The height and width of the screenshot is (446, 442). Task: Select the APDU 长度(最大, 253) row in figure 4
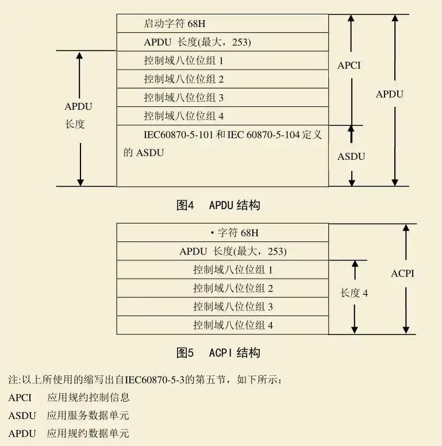pos(198,42)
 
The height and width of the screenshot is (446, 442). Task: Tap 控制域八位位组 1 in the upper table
pos(184,60)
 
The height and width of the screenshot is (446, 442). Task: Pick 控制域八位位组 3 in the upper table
pos(184,97)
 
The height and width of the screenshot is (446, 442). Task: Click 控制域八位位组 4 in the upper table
pos(184,116)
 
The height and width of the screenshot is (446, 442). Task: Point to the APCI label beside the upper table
pos(349,66)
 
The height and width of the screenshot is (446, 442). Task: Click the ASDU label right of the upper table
pos(351,156)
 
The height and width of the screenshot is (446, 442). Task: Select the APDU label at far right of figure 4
pos(390,94)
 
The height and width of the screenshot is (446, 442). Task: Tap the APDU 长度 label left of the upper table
pos(78,115)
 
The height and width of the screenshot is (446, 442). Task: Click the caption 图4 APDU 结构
pos(218,205)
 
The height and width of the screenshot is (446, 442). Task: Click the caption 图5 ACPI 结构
pos(218,352)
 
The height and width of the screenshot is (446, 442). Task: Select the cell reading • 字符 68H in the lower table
pos(237,233)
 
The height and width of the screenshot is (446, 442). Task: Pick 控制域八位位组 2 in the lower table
pos(233,288)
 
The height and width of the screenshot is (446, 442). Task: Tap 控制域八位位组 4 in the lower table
pos(233,325)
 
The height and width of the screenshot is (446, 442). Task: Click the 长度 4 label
pos(354,293)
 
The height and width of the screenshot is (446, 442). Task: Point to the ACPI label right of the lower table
pos(402,274)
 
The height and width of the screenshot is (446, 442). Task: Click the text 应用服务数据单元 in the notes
pos(88,415)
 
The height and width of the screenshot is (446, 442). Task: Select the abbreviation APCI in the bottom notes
pos(20,397)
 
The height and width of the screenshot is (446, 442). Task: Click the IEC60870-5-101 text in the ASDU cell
pos(179,134)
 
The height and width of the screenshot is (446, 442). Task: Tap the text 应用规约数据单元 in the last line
pos(88,433)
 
